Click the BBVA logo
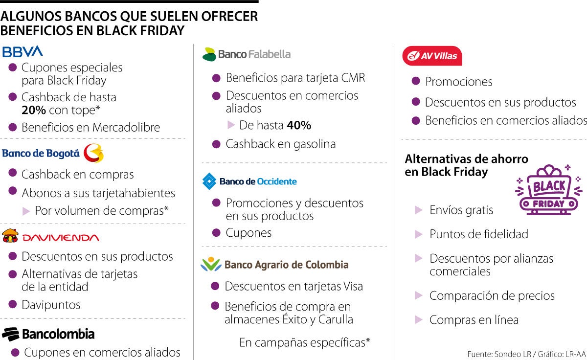click(x=23, y=51)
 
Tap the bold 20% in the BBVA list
click(x=33, y=111)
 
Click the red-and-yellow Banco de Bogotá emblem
click(x=93, y=153)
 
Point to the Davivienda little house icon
click(x=10, y=236)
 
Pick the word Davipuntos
click(x=51, y=305)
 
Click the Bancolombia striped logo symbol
click(x=10, y=335)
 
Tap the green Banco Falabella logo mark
click(x=209, y=54)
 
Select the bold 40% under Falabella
click(x=299, y=125)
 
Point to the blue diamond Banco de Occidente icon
click(x=209, y=181)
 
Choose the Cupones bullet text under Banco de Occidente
click(x=248, y=233)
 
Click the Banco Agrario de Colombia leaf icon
click(x=211, y=265)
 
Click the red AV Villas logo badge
click(x=432, y=56)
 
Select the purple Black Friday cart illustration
click(x=549, y=190)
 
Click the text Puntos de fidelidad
click(x=479, y=234)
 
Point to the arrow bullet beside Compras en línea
click(x=418, y=320)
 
